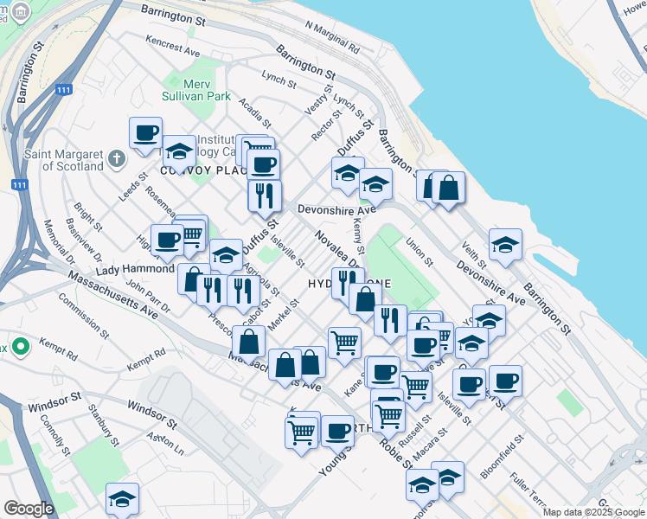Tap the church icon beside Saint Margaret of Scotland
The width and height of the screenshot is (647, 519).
118,160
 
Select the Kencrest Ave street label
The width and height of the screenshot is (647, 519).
173,42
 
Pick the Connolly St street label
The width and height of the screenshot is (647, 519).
54,438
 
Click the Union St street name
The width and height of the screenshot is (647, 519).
419,253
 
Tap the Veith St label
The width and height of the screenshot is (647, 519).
475,256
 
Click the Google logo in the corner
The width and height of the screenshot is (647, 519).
29,509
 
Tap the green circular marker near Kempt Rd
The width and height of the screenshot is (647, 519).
20,348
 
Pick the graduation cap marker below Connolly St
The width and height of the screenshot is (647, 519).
122,498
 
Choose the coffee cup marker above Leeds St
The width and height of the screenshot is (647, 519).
145,133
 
